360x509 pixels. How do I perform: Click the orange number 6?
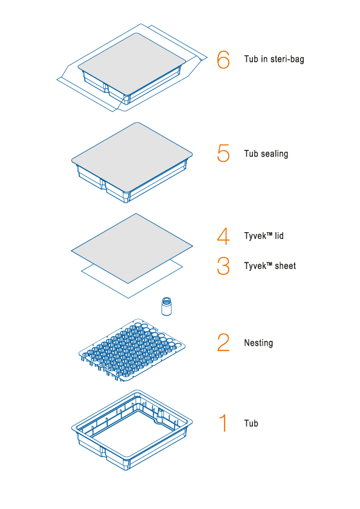tap(223, 59)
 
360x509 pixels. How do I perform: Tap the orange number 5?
tap(223, 154)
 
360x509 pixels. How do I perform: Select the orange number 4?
tap(223, 236)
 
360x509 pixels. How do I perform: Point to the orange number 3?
tap(223, 266)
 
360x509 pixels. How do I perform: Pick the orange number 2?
tap(223, 343)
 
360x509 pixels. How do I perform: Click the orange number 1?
tap(223, 423)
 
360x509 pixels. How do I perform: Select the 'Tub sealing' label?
tap(266, 154)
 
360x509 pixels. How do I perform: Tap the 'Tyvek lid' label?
tap(264, 236)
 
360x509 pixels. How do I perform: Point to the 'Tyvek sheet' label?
tap(270, 266)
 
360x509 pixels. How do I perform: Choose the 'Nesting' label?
tap(258, 343)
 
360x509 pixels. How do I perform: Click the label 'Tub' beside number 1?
tap(251, 423)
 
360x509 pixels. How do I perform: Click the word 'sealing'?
tap(275, 154)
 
